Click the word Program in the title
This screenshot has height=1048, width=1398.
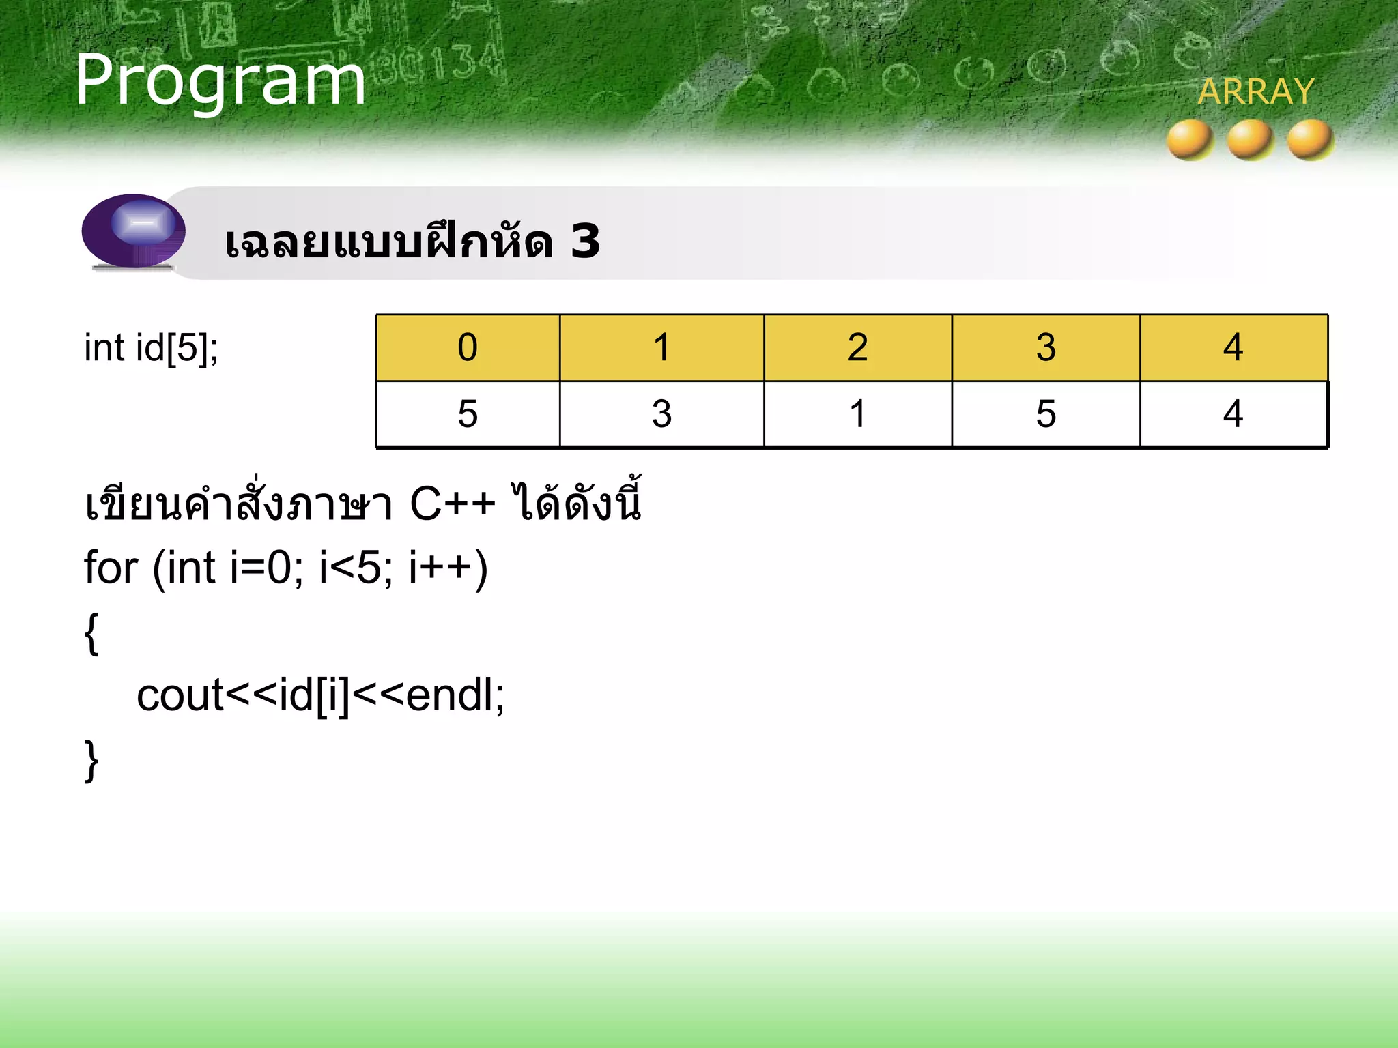[220, 82]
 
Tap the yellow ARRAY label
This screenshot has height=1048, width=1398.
[1256, 92]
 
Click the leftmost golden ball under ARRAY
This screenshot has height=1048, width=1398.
[1190, 139]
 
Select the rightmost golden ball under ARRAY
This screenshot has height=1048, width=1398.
[1311, 139]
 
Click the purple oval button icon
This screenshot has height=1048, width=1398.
[134, 231]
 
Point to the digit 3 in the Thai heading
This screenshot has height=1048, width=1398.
[585, 242]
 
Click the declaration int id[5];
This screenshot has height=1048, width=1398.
[151, 348]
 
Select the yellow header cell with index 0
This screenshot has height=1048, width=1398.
[468, 348]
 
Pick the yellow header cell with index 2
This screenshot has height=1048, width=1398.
[857, 348]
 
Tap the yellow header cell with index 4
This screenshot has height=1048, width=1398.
[1233, 348]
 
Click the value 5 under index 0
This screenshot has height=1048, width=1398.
[468, 414]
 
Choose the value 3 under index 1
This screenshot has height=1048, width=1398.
[661, 414]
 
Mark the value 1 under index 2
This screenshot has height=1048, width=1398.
[857, 414]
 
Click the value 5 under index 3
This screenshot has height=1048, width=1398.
[1046, 414]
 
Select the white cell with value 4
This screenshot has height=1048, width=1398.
[1233, 414]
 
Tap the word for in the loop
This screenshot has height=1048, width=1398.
[111, 568]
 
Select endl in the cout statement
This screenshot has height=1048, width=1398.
[451, 696]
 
